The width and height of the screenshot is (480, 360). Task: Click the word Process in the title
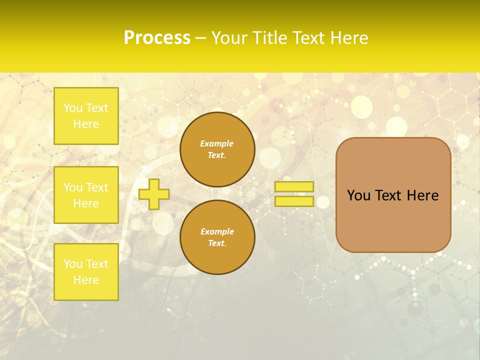(x=157, y=38)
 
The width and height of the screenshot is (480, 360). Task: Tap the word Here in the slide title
(x=349, y=38)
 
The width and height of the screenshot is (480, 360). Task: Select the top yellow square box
(x=86, y=116)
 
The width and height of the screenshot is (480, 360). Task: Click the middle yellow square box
(x=86, y=195)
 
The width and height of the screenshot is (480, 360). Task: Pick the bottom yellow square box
(x=86, y=272)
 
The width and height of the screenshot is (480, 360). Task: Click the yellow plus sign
(x=154, y=194)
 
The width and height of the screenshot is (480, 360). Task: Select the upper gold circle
(x=217, y=149)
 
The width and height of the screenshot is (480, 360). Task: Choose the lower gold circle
(x=217, y=237)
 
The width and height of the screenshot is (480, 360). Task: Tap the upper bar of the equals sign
(x=294, y=187)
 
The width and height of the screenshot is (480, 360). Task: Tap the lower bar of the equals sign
(x=294, y=201)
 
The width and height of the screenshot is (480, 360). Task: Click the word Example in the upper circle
(x=217, y=143)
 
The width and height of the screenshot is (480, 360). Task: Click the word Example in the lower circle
(x=217, y=231)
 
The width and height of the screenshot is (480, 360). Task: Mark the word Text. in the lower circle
(x=217, y=243)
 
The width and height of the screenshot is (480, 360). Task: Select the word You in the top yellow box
(x=73, y=108)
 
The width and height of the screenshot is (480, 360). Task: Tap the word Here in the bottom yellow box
(x=86, y=280)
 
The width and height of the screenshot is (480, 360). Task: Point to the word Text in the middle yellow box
(x=97, y=187)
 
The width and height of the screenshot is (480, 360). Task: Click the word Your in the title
(x=230, y=38)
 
